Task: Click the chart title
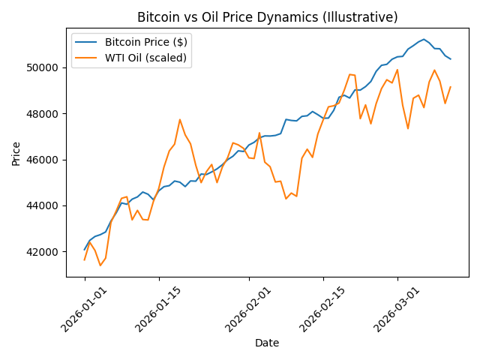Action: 267,17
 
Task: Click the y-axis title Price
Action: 16,152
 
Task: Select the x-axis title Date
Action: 267,343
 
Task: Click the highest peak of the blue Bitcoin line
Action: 424,39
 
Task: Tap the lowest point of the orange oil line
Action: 100,265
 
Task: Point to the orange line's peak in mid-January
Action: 180,119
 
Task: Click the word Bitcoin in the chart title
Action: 159,17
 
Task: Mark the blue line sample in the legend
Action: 87,42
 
